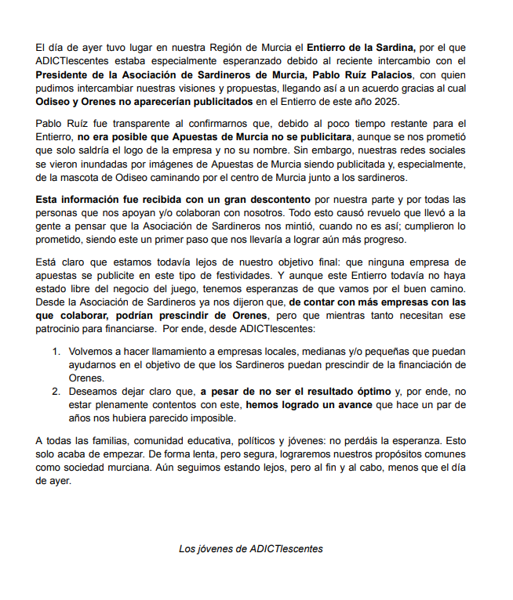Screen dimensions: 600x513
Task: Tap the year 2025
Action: click(x=388, y=102)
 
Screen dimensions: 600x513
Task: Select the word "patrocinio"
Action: click(x=60, y=317)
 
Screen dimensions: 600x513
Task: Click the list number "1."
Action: click(x=57, y=339)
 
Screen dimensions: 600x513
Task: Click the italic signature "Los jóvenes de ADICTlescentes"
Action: click(x=251, y=549)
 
